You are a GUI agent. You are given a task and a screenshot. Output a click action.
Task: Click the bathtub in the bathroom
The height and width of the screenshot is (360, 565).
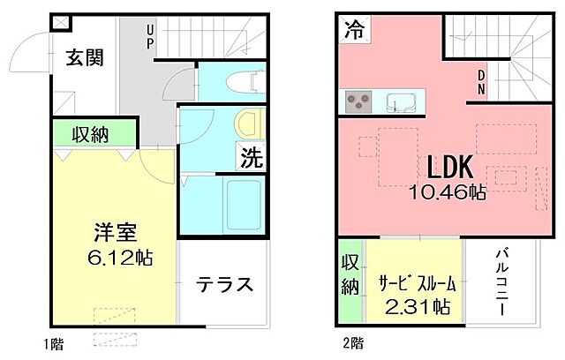(x=239, y=204)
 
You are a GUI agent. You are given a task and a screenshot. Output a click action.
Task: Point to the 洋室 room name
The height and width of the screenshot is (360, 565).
(x=115, y=233)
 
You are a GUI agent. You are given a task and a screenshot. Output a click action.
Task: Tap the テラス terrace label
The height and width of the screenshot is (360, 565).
(x=224, y=284)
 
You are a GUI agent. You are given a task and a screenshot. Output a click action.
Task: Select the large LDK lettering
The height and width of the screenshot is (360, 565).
(x=452, y=167)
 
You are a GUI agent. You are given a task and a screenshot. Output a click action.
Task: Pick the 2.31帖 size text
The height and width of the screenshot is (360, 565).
(x=418, y=308)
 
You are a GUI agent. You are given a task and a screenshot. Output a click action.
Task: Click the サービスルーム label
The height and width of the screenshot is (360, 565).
(x=418, y=283)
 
